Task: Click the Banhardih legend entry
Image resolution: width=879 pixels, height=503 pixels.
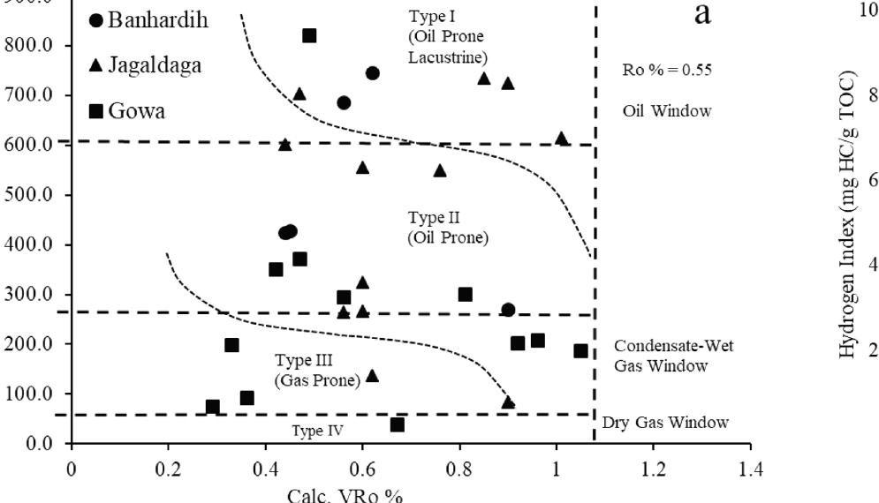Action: pyautogui.click(x=149, y=20)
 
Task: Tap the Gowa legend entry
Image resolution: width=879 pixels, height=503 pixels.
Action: pyautogui.click(x=127, y=111)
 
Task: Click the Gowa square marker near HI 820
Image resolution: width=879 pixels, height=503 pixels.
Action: pyautogui.click(x=309, y=36)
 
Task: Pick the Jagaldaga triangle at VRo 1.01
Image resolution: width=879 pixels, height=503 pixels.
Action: pyautogui.click(x=561, y=139)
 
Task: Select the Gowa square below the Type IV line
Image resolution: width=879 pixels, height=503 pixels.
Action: pyautogui.click(x=398, y=424)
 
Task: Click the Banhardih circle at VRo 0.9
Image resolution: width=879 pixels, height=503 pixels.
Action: pyautogui.click(x=508, y=310)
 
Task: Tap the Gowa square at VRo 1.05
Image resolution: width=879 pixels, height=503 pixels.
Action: pyautogui.click(x=580, y=351)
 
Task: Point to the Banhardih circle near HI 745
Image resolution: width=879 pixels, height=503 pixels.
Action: pyautogui.click(x=373, y=73)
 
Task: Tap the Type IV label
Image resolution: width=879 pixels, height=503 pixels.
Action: pyautogui.click(x=317, y=431)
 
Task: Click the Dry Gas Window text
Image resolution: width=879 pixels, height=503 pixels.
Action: pyautogui.click(x=665, y=423)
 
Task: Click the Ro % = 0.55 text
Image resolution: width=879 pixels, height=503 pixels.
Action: pyautogui.click(x=667, y=71)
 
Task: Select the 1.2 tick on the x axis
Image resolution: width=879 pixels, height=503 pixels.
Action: pyautogui.click(x=653, y=468)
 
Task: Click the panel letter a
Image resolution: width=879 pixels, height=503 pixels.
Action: pyautogui.click(x=703, y=14)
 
